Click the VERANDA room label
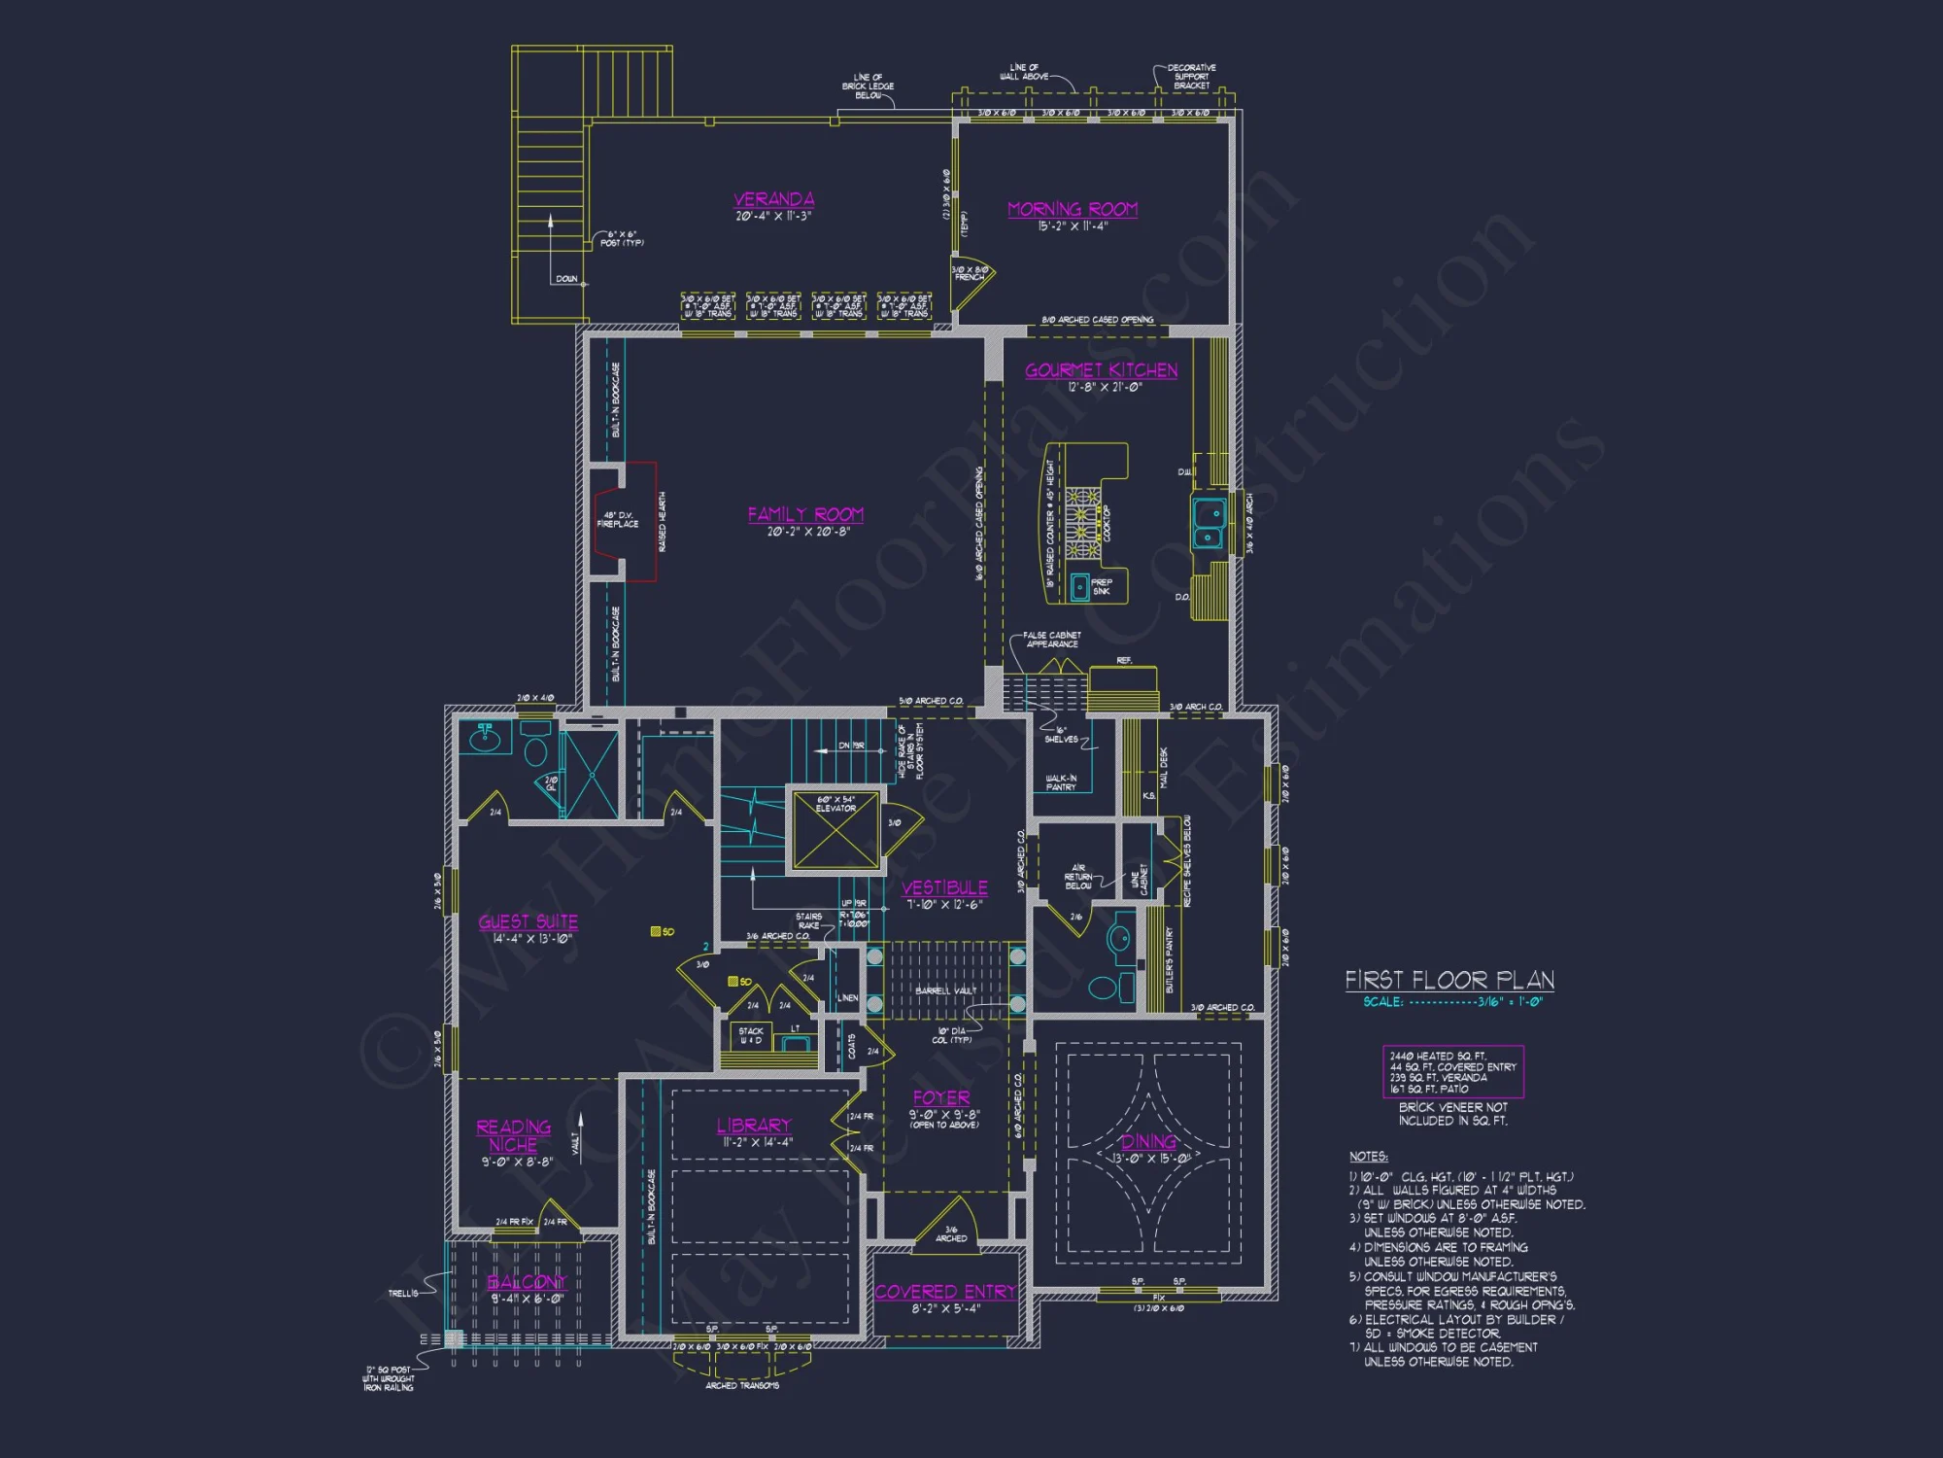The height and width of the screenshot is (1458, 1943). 774,199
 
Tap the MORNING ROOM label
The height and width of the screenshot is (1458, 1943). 1073,209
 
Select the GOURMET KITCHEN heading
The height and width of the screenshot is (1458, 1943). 1101,370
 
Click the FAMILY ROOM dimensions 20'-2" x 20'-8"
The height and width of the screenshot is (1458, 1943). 807,532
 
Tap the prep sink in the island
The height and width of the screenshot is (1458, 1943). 1079,586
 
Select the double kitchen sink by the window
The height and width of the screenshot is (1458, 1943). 1209,523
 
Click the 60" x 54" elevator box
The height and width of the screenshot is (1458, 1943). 835,829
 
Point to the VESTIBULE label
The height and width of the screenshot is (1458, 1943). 944,888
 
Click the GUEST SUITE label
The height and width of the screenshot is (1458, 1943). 528,921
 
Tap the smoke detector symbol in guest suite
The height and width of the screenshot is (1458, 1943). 657,931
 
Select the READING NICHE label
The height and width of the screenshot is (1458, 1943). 513,1135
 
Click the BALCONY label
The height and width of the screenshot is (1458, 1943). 526,1282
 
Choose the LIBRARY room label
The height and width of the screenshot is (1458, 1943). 754,1126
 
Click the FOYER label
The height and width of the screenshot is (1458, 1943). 941,1097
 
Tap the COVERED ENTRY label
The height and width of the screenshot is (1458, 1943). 945,1292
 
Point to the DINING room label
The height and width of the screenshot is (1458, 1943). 1148,1142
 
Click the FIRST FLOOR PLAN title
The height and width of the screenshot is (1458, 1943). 1449,980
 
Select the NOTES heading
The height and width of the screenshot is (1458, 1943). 1368,1157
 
